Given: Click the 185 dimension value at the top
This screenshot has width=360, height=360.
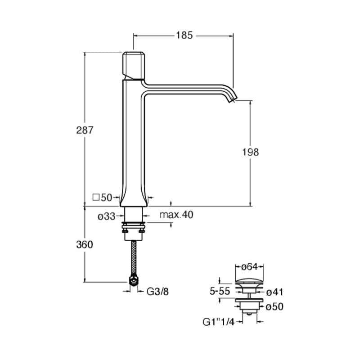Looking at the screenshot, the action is click(x=184, y=36).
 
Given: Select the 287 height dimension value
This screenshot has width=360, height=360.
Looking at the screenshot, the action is click(x=85, y=130).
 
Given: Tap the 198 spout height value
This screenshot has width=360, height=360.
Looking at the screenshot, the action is click(x=251, y=152).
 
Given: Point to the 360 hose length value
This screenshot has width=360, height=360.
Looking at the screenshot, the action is click(x=85, y=245).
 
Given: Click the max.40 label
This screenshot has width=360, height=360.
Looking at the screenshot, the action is click(x=176, y=215).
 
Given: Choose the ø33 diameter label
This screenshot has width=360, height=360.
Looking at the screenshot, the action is click(x=106, y=216).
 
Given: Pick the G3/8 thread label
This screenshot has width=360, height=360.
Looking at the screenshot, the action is click(x=157, y=292).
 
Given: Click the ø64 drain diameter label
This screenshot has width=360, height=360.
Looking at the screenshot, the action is click(x=249, y=267).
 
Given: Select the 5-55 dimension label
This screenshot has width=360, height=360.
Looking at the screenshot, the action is click(x=220, y=291).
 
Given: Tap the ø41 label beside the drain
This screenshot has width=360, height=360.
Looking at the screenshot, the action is click(x=274, y=292).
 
